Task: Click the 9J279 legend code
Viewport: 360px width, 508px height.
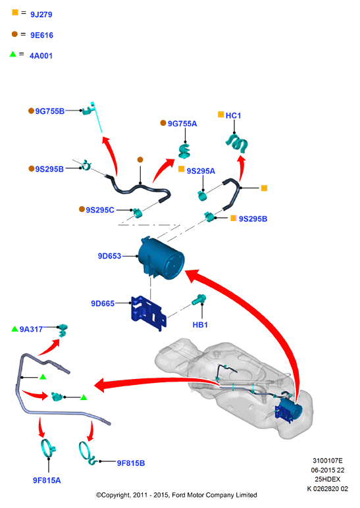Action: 41,14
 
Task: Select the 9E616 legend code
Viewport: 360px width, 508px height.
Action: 42,36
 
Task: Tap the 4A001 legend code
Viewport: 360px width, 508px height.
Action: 41,56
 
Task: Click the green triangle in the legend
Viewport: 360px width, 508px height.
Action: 13,54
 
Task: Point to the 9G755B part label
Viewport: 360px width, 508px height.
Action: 49,111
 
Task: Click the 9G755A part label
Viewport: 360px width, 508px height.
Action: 182,124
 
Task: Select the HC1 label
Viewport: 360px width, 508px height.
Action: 233,116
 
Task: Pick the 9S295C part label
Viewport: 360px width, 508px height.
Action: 100,210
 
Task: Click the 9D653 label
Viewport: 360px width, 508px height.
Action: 109,256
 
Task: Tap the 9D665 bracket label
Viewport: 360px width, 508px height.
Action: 103,303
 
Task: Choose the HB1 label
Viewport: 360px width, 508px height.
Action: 200,324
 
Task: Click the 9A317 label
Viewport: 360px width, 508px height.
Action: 31,329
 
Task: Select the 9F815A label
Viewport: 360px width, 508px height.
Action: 47,480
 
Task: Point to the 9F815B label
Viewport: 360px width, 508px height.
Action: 130,463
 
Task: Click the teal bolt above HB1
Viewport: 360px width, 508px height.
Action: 199,299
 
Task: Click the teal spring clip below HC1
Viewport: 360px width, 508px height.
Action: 237,143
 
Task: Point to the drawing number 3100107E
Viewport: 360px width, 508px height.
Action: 327,461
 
